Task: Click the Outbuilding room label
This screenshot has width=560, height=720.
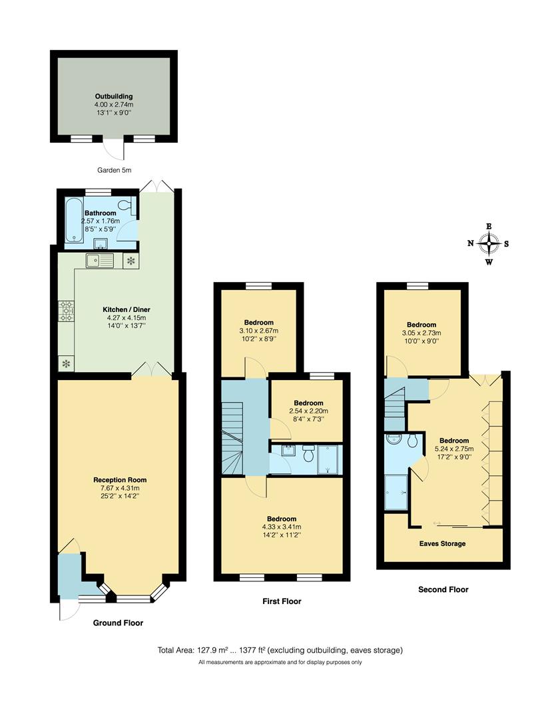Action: coord(114,97)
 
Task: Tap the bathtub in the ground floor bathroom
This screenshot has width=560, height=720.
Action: coord(73,219)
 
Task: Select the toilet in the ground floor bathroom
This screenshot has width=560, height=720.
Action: coord(127,207)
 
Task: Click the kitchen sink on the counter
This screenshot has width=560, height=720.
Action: coord(99,261)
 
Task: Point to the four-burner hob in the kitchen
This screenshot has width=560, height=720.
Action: coord(66,311)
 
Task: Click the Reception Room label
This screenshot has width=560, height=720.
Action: coord(120,480)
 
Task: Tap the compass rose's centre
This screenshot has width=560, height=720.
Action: coord(489,243)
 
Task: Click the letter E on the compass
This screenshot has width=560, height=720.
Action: coord(489,227)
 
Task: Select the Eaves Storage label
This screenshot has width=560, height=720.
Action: coord(443,544)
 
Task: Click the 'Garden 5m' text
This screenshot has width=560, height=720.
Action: coord(115,171)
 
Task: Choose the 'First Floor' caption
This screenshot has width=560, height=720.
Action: coord(282,601)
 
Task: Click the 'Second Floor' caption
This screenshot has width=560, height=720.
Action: coord(443,589)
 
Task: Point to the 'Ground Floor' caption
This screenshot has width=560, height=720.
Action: coord(118,623)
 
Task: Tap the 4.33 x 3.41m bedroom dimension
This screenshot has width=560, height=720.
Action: coord(282,527)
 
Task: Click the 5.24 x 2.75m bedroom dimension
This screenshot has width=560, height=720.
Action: coord(454,449)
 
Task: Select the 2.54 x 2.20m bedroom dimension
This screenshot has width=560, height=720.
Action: coord(309,411)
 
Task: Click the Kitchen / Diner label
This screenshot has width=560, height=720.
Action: coord(127,309)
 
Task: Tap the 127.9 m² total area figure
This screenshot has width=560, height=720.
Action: coord(213,650)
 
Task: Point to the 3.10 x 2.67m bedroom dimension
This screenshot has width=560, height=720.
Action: coord(258,331)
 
